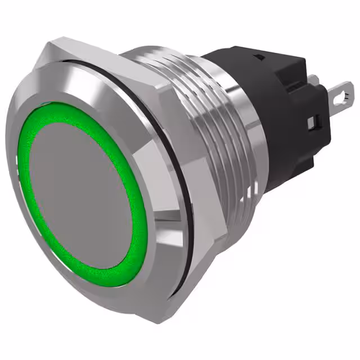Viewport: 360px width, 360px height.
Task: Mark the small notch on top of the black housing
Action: click(260, 58)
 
